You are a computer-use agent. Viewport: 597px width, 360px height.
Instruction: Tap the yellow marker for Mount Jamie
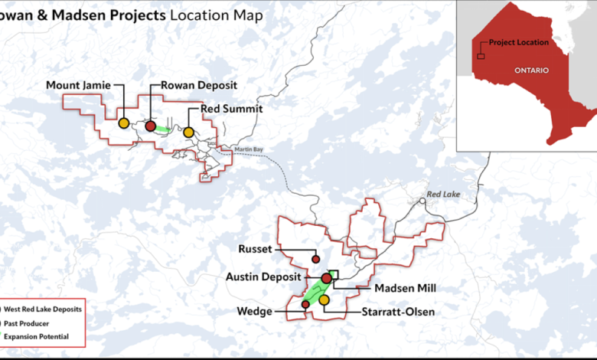123,122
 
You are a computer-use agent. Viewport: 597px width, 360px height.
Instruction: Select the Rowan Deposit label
199,85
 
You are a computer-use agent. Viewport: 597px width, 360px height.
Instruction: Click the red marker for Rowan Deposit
151,126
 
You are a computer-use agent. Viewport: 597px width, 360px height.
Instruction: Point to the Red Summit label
232,110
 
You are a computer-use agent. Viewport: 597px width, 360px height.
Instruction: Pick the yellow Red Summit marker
188,132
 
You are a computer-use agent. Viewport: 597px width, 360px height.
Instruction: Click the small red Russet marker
315,260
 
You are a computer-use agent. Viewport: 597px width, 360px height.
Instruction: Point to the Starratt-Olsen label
397,312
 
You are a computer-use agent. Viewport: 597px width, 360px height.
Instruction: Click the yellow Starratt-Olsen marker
324,299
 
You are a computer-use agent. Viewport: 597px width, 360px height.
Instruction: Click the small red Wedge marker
305,304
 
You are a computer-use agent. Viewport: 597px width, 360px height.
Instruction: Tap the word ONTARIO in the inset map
532,70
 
